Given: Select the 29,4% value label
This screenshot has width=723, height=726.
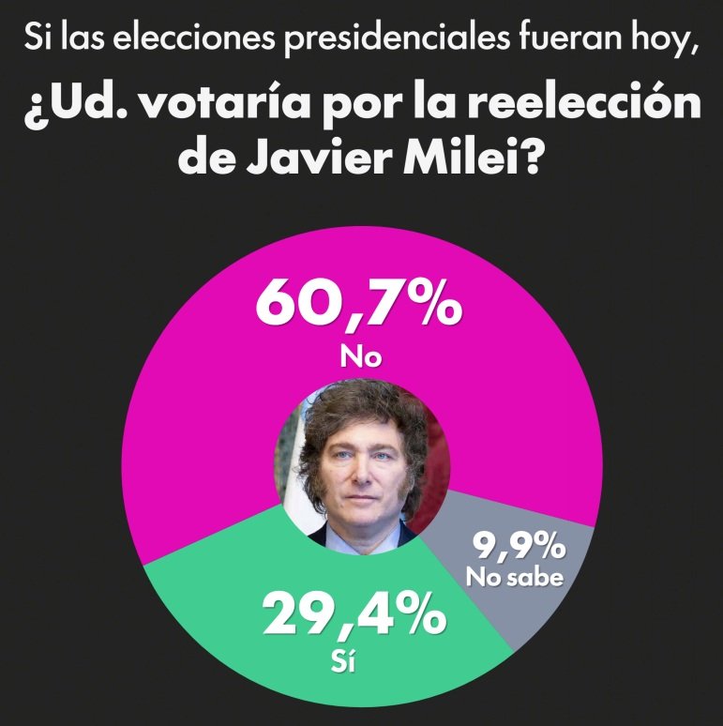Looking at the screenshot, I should pos(354,617).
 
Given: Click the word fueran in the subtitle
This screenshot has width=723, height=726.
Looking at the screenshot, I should pos(560,40).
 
